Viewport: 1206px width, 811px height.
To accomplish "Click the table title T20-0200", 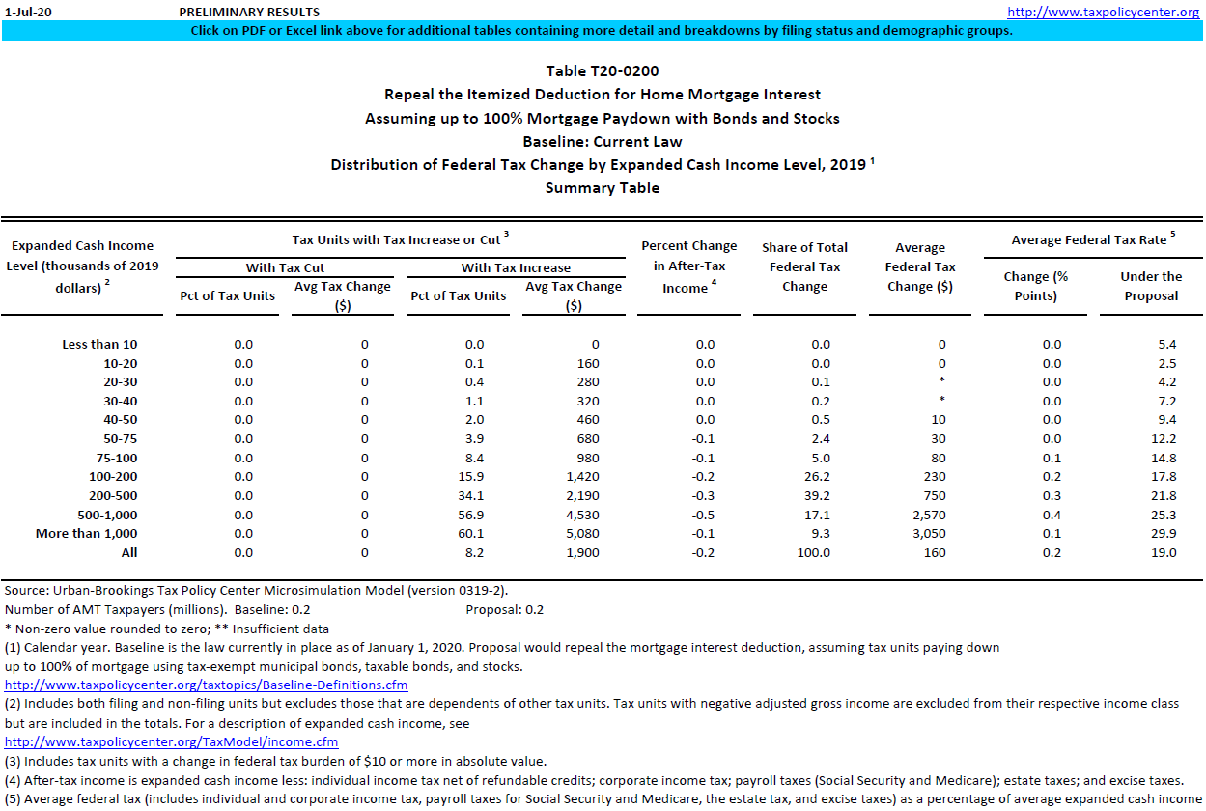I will [603, 71].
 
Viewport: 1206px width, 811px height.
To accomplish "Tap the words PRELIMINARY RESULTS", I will [249, 13].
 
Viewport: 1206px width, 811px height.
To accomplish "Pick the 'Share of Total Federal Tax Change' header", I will [804, 266].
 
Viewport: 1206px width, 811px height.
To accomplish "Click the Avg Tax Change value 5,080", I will [582, 534].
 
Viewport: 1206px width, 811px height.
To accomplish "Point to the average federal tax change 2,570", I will [928, 516].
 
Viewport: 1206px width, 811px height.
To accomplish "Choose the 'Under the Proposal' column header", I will [1151, 286].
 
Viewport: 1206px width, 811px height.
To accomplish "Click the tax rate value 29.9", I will [1166, 534].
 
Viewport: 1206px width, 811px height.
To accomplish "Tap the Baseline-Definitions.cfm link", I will [207, 685].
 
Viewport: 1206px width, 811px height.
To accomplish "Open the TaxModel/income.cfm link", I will [172, 742].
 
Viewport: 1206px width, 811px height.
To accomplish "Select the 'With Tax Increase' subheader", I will [516, 267].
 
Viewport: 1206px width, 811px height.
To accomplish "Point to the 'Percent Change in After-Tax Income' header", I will [688, 266].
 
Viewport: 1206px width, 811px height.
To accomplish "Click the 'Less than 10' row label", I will [99, 345].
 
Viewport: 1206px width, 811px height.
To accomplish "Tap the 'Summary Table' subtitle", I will [603, 188].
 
